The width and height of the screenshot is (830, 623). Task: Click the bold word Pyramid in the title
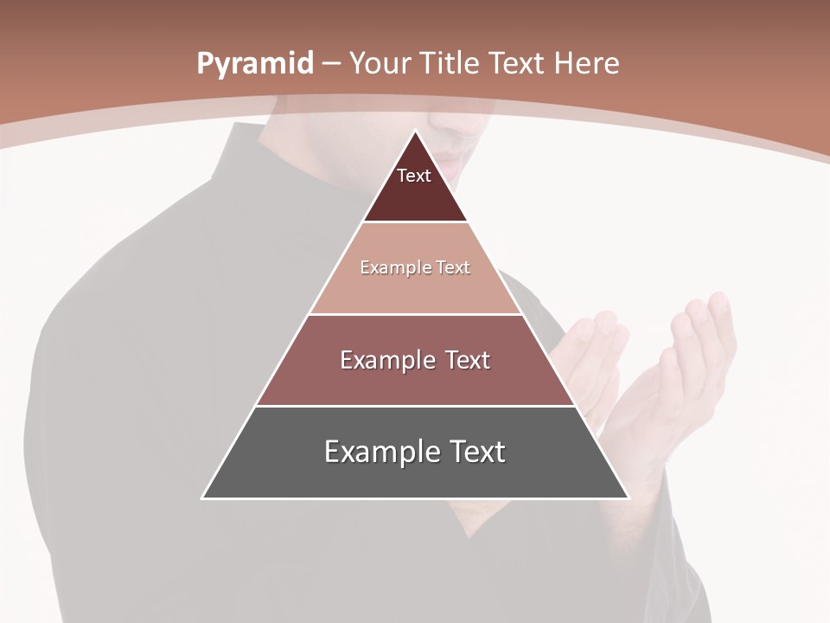click(x=255, y=63)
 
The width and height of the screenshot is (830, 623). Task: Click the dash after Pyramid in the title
click(x=331, y=64)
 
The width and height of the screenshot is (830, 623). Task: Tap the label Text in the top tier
click(x=414, y=176)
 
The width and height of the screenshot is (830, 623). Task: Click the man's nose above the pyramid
click(x=450, y=121)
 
